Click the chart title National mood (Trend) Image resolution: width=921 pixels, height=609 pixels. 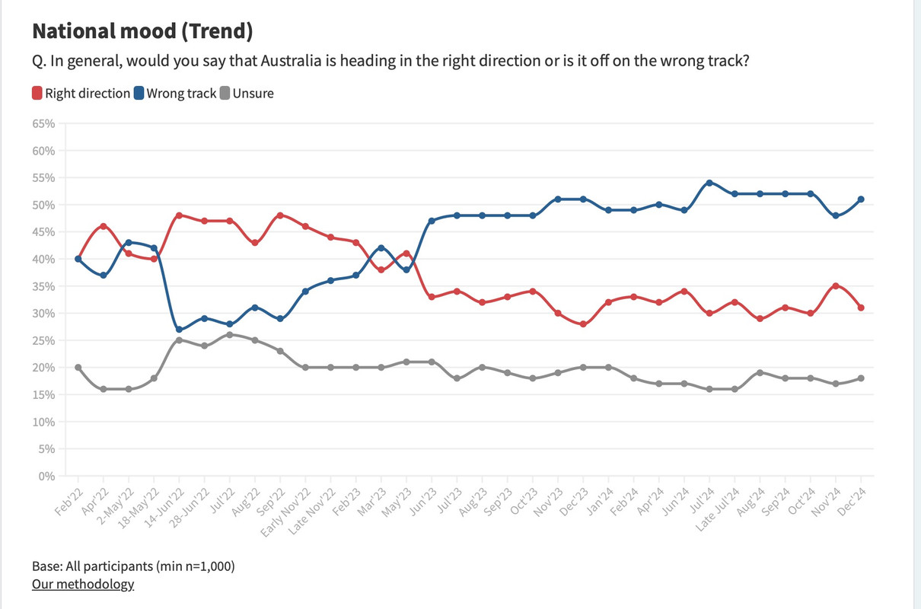(142, 31)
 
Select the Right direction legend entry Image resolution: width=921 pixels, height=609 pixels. (81, 94)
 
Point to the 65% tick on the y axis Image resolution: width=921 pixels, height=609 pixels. (44, 123)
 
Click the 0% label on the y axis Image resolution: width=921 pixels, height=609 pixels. (47, 476)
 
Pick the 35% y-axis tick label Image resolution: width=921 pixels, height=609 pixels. (44, 286)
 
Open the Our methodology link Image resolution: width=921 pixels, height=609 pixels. (83, 584)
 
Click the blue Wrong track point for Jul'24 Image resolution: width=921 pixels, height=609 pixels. (709, 183)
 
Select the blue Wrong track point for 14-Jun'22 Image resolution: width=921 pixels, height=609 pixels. (179, 330)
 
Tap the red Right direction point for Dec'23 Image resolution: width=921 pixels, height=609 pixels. (583, 324)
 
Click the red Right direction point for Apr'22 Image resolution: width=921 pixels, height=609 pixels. (104, 226)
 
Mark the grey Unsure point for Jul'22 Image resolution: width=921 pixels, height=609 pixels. (230, 335)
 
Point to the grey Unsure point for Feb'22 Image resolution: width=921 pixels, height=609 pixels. (78, 368)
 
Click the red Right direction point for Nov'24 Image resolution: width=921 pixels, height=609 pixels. (836, 286)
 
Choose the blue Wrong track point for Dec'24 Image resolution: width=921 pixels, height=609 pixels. (861, 199)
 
